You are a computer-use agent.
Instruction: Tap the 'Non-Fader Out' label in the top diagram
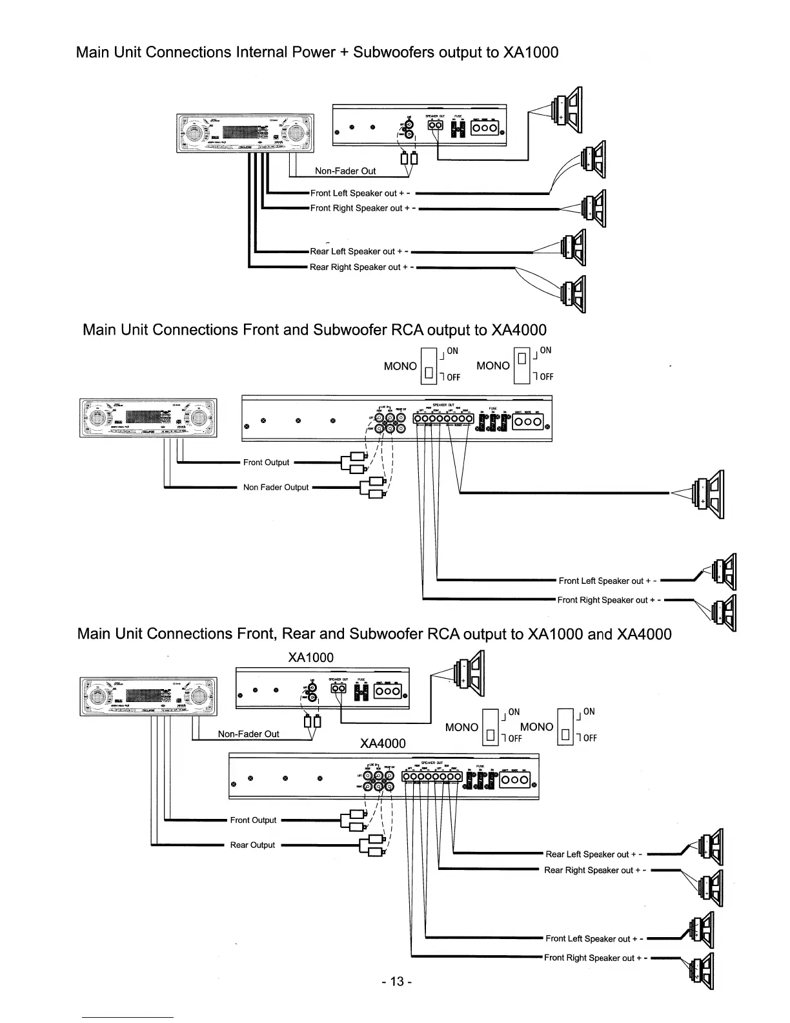click(x=345, y=171)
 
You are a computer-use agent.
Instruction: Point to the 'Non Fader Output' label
click(x=276, y=488)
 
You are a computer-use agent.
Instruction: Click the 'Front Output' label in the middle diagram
click(x=266, y=462)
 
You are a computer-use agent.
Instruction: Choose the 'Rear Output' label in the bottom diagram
click(x=252, y=845)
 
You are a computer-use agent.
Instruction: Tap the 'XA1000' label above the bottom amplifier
click(x=310, y=657)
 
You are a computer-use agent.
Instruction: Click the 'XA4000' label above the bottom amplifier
click(x=383, y=743)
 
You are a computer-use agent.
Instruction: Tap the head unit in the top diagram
click(x=245, y=134)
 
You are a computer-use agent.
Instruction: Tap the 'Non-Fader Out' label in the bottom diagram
click(x=248, y=734)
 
